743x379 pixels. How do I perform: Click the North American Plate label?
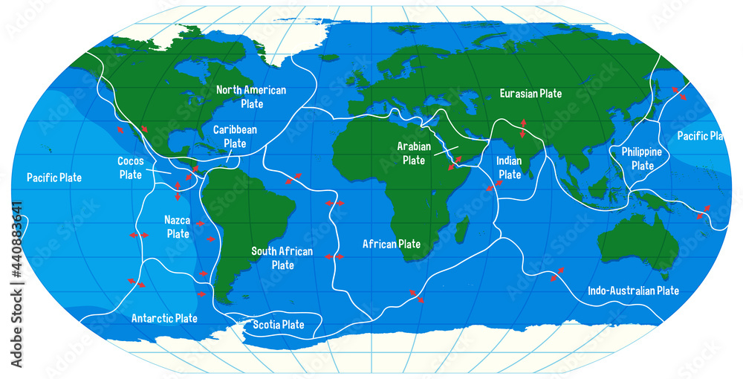(250, 97)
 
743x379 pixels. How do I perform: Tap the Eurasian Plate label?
(531, 94)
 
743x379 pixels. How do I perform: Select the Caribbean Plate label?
(235, 136)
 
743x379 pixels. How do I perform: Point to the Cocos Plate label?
(131, 167)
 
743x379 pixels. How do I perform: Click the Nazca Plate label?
(178, 227)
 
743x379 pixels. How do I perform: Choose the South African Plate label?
(282, 258)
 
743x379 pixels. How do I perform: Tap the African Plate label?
(391, 244)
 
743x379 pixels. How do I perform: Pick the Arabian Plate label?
(414, 153)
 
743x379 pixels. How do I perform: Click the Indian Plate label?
(510, 167)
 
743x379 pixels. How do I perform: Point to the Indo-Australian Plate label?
(633, 291)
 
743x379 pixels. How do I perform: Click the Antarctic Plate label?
(164, 318)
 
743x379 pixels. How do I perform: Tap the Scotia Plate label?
(279, 324)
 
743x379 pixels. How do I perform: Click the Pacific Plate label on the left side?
(54, 178)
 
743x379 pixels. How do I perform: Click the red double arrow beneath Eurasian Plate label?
(523, 128)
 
